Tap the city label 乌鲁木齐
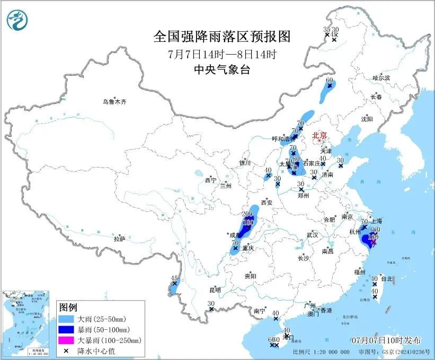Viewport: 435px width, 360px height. tap(115, 101)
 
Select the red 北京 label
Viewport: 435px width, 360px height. tap(319, 136)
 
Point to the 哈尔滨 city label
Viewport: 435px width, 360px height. tap(380, 78)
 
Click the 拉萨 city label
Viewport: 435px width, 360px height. tap(119, 239)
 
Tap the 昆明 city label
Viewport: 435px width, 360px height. tap(215, 290)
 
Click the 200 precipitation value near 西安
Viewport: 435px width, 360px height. tap(246, 213)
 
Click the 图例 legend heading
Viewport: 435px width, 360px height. tap(68, 308)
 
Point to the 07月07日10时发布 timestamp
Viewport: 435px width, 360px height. tap(386, 339)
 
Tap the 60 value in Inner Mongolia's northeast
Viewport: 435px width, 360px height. tap(330, 81)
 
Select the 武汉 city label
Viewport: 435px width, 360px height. tap(312, 235)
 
